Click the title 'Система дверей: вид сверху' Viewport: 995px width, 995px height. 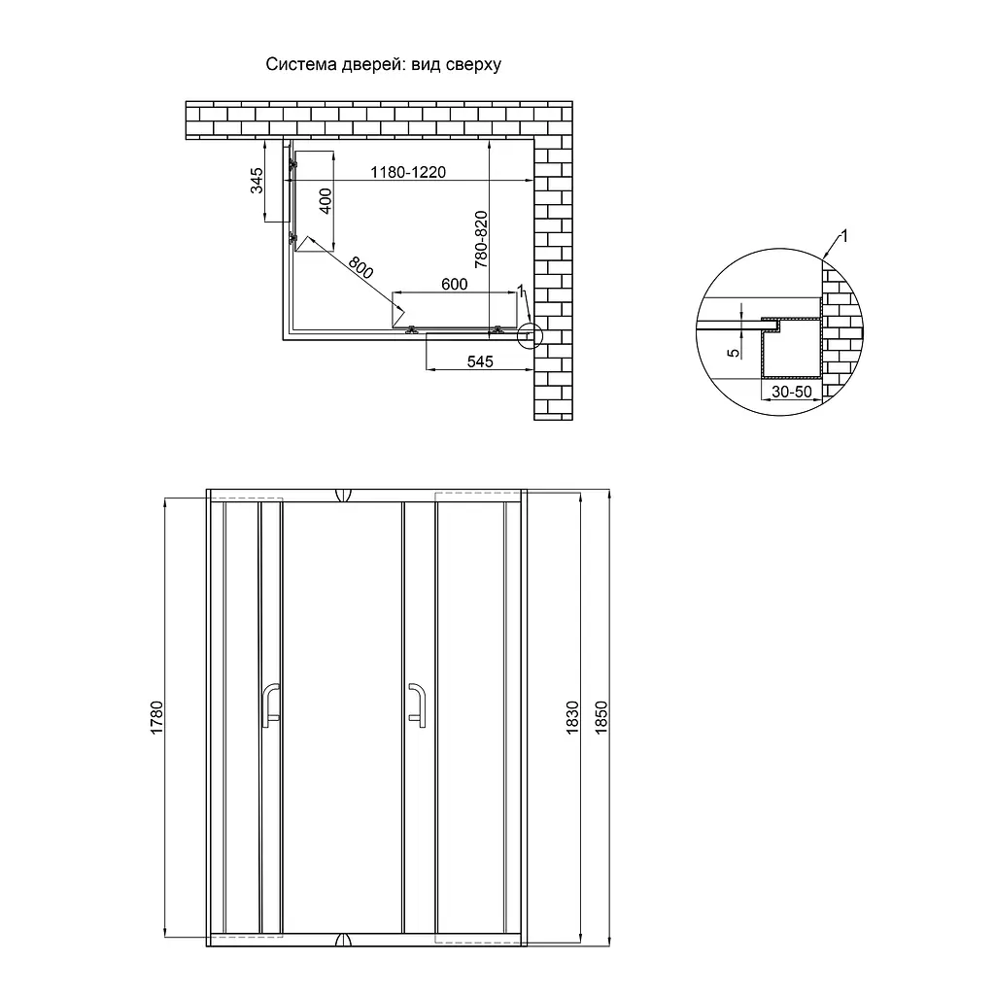pyautogui.click(x=383, y=65)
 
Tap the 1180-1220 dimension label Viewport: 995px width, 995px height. pyautogui.click(x=408, y=172)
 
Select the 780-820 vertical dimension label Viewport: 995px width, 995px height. pyautogui.click(x=481, y=239)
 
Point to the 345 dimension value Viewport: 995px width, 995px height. pyautogui.click(x=257, y=180)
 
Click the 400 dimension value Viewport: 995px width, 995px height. pyautogui.click(x=325, y=201)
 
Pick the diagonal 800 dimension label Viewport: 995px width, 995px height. pyautogui.click(x=360, y=267)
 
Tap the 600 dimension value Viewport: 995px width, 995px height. pyautogui.click(x=455, y=284)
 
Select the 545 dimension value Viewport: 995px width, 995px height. pyautogui.click(x=480, y=361)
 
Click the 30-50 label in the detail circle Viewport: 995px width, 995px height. pyautogui.click(x=791, y=392)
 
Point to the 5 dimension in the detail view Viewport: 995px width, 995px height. pyautogui.click(x=734, y=353)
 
